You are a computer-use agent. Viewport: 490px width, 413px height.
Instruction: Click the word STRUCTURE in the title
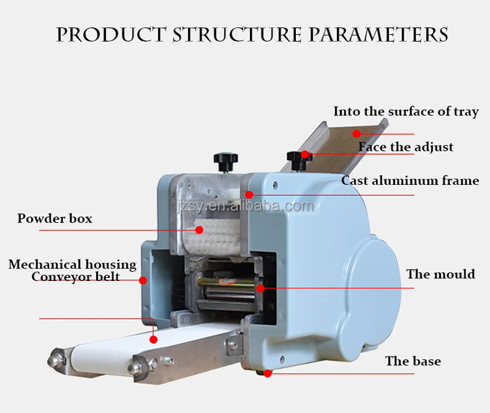tap(237, 34)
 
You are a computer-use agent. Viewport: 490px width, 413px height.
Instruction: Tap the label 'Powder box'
tap(55, 218)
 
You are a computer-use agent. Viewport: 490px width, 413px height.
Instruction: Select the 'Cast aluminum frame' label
tap(410, 180)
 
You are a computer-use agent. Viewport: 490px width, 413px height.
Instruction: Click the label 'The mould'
tap(440, 274)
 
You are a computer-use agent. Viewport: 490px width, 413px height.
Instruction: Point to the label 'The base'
tap(413, 361)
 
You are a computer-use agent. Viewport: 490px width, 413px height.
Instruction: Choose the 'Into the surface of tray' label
tap(406, 112)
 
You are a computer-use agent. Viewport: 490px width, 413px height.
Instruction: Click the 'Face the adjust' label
tap(406, 147)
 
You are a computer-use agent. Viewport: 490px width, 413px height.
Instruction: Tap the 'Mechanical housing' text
tap(73, 265)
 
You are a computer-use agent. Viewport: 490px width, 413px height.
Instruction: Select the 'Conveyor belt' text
tap(75, 277)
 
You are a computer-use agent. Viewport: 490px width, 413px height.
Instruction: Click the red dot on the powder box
tap(199, 230)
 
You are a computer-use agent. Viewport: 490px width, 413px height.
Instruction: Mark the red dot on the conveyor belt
tap(153, 340)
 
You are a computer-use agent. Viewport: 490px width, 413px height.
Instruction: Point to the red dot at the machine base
tap(268, 373)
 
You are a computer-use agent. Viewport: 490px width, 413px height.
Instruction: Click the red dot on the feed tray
tap(357, 134)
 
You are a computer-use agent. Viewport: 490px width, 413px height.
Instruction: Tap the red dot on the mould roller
tap(261, 288)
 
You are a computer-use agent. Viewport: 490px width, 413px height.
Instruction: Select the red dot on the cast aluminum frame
tap(249, 195)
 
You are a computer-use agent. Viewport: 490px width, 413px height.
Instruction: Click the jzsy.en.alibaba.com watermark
tap(245, 206)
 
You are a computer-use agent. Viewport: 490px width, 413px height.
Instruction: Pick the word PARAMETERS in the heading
tap(379, 34)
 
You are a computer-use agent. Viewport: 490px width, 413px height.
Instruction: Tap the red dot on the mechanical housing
tap(143, 280)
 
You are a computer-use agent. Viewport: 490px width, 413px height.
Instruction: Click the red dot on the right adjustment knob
tap(305, 154)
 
